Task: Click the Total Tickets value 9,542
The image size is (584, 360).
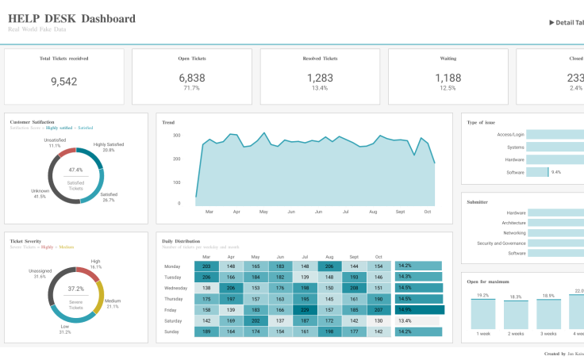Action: coord(64,81)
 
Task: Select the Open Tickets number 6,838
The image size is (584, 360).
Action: coord(191,78)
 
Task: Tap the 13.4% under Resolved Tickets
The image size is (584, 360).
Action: coord(320,88)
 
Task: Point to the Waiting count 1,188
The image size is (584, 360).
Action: coord(448,78)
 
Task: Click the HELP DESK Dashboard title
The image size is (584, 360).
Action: coord(71,19)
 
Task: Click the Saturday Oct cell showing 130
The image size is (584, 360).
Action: coord(378,320)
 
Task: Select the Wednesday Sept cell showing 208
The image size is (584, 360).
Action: coord(354,288)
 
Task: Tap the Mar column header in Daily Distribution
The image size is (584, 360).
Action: coord(206,257)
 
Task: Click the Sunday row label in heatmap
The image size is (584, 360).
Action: coord(171,331)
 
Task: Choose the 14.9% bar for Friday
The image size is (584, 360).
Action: coord(420,310)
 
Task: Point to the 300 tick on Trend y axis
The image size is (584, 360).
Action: coord(176,136)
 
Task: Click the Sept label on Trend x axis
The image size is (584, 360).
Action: coord(400,212)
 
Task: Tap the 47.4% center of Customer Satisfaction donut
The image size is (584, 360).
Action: coord(75,170)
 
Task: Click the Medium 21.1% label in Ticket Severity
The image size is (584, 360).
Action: coord(113,303)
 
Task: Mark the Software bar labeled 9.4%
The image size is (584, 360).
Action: coord(537,172)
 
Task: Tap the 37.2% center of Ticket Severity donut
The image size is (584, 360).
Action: coord(75,289)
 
